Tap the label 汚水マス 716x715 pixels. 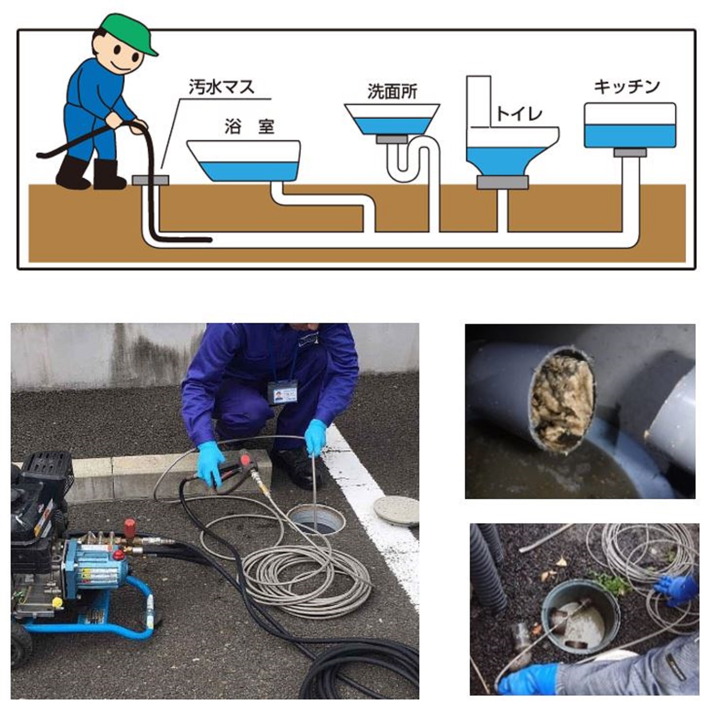(x=221, y=87)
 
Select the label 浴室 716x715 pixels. (x=250, y=126)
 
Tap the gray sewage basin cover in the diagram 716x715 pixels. (x=150, y=180)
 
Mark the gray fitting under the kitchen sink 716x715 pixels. (x=630, y=152)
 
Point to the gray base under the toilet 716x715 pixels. (x=503, y=182)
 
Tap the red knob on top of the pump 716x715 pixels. (x=130, y=527)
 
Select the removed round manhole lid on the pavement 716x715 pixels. (x=396, y=511)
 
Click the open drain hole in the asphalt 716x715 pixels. (x=317, y=521)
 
